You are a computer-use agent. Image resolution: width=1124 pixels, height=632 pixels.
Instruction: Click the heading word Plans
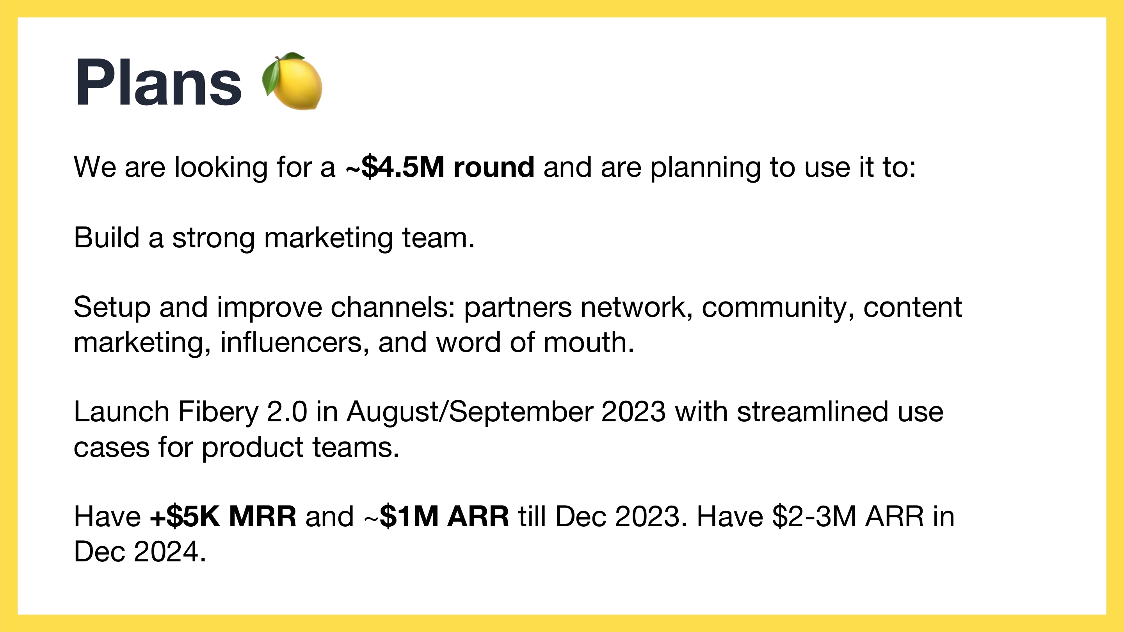[158, 82]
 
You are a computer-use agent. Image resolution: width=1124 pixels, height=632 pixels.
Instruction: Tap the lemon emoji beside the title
[292, 81]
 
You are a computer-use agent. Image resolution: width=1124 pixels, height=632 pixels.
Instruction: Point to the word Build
[107, 238]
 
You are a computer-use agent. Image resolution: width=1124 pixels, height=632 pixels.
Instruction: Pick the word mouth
[589, 343]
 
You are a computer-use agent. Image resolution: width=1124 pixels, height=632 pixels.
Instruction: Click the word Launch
[122, 412]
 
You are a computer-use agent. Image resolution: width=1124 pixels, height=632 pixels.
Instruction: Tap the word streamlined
[813, 412]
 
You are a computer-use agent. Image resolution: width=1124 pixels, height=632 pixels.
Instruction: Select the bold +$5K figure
[185, 517]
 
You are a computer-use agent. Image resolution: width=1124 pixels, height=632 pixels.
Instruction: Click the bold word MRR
[263, 517]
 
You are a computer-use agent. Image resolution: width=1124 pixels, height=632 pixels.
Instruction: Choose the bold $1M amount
[409, 517]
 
